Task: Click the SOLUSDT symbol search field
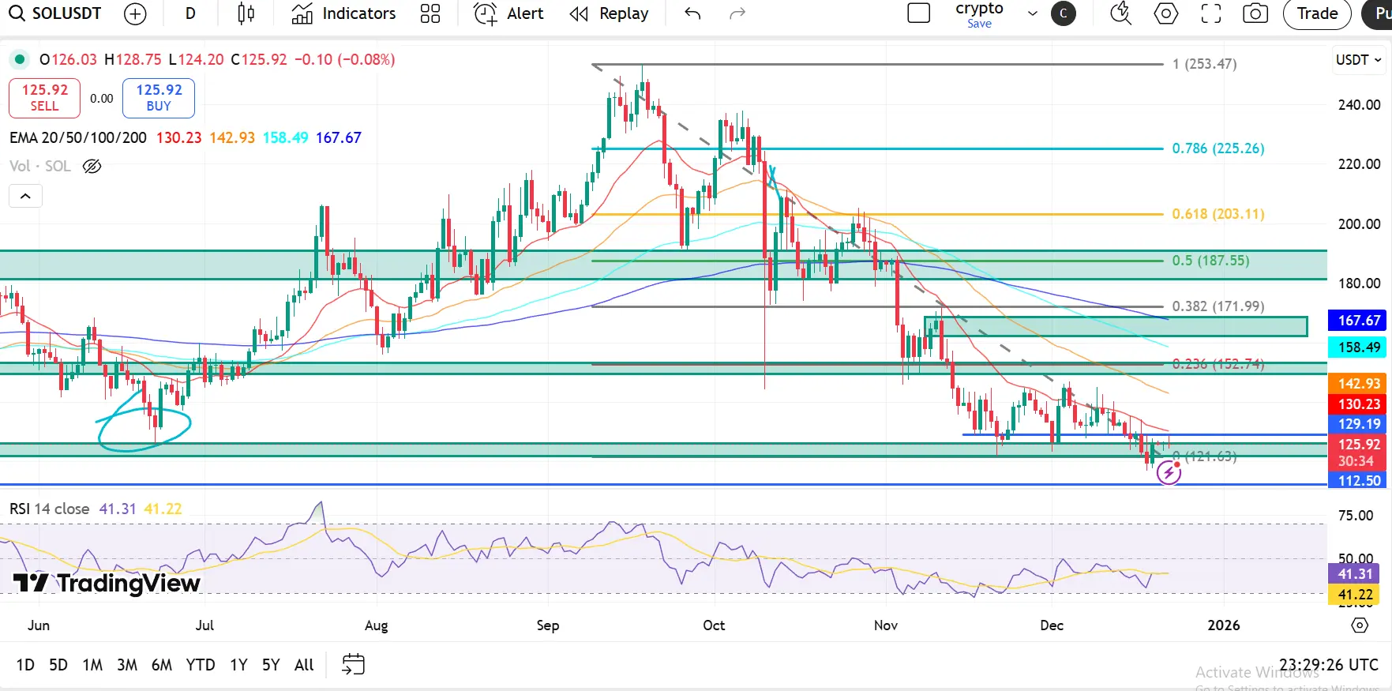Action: pyautogui.click(x=55, y=13)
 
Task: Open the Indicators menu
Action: pyautogui.click(x=343, y=13)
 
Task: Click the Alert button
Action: pyautogui.click(x=509, y=13)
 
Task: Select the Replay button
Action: pyautogui.click(x=610, y=13)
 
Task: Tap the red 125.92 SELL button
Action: pyautogui.click(x=45, y=98)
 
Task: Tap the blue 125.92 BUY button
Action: pyautogui.click(x=159, y=98)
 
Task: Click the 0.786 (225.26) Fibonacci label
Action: pyautogui.click(x=1218, y=148)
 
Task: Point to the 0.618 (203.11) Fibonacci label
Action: pyautogui.click(x=1218, y=214)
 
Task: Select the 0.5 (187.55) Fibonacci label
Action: pyautogui.click(x=1210, y=261)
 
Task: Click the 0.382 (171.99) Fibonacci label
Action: pyautogui.click(x=1218, y=306)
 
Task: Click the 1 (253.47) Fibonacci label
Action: pyautogui.click(x=1204, y=64)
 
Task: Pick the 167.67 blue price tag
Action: pyautogui.click(x=1359, y=321)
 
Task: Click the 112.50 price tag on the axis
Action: pyautogui.click(x=1359, y=480)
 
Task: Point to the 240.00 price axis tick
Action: pyautogui.click(x=1359, y=105)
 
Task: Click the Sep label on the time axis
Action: pyautogui.click(x=548, y=625)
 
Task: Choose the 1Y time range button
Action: pyautogui.click(x=238, y=665)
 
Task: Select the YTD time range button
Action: pyautogui.click(x=201, y=665)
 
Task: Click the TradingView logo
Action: pyautogui.click(x=107, y=584)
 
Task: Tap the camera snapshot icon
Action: pyautogui.click(x=1255, y=13)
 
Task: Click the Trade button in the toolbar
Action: pyautogui.click(x=1317, y=13)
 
